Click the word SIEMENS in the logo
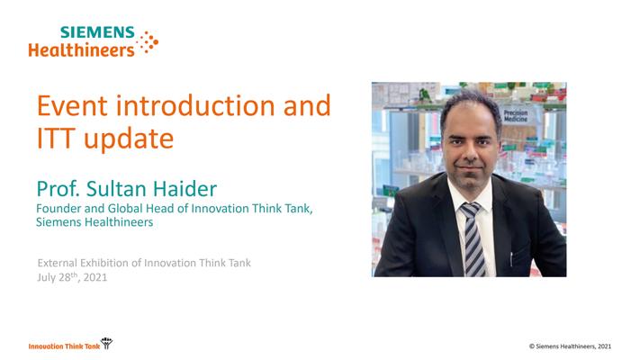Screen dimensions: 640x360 point(97,32)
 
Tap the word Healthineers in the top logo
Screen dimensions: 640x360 point(81,50)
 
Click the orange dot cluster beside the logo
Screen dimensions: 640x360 point(147,42)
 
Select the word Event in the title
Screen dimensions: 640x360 point(72,105)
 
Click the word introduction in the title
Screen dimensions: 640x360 point(195,105)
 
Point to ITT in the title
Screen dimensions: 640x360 point(57,139)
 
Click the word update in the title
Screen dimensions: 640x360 point(129,139)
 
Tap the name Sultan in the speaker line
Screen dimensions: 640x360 point(116,189)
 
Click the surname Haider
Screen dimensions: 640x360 point(185,189)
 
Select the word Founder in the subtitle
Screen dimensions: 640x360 point(59,209)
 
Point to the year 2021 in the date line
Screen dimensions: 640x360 point(95,277)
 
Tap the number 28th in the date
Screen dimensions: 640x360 point(68,277)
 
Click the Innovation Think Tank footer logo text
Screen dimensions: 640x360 point(64,346)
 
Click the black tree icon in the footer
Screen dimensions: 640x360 point(106,343)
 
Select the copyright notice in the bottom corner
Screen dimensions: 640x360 point(570,346)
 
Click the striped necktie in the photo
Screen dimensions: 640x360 point(473,239)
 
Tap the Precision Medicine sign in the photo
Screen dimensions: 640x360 point(516,116)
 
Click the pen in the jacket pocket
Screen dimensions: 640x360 point(511,259)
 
